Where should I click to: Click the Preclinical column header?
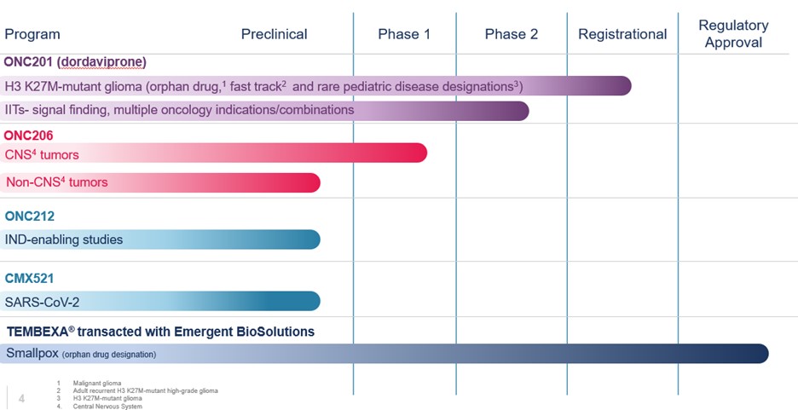(274, 34)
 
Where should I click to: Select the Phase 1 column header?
(404, 34)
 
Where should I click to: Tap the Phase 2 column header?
(512, 34)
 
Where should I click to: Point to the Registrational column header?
(622, 34)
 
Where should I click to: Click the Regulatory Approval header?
(733, 33)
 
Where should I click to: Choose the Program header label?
(32, 34)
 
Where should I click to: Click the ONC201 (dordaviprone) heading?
(75, 62)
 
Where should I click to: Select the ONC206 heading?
(29, 136)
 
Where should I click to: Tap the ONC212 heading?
(29, 217)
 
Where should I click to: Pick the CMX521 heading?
(29, 278)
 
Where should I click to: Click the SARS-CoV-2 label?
(42, 301)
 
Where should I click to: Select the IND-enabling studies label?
(64, 240)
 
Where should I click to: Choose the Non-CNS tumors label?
(57, 182)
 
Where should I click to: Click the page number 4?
(21, 397)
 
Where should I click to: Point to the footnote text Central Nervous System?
(107, 406)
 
